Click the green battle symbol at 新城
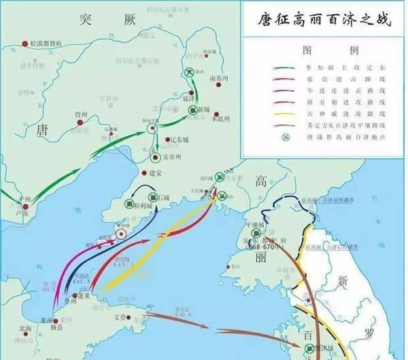tap(193, 109)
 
